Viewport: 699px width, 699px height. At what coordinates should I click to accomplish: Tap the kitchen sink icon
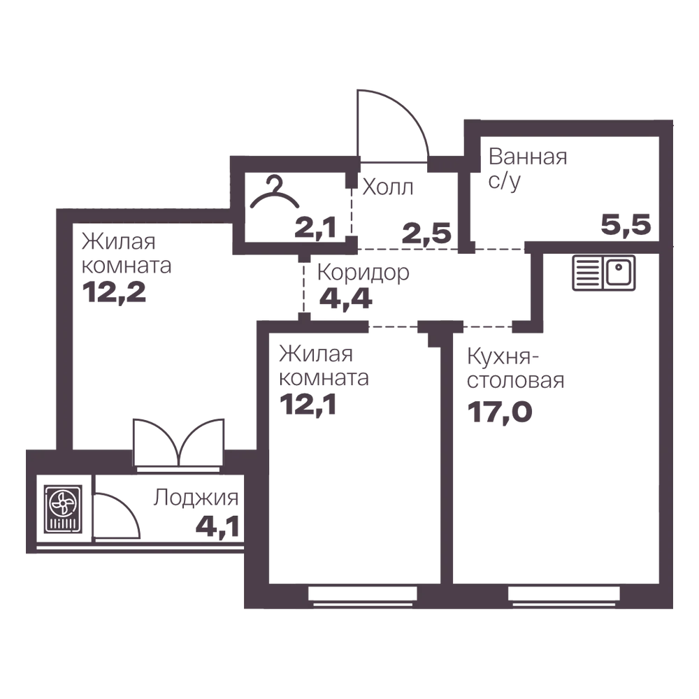[x=604, y=273]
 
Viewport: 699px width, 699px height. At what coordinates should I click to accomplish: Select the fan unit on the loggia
[x=64, y=509]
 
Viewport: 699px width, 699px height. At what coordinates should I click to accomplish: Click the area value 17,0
[x=500, y=412]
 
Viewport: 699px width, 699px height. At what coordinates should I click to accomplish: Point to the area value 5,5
[x=626, y=224]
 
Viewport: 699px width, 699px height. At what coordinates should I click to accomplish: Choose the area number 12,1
[x=308, y=404]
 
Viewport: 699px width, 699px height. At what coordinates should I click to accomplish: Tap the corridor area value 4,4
[x=346, y=298]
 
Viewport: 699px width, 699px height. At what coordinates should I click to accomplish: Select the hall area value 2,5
[x=426, y=233]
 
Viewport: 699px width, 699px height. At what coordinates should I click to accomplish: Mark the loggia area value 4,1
[x=217, y=526]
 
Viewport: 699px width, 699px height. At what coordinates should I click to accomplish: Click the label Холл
[x=388, y=187]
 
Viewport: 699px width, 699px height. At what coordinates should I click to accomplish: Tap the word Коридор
[x=363, y=273]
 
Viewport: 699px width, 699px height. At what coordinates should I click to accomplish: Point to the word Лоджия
[x=196, y=498]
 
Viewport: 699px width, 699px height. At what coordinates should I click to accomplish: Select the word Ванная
[x=528, y=157]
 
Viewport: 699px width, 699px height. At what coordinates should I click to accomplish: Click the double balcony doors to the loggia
[x=178, y=443]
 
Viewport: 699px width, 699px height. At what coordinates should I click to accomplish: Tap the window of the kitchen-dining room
[x=564, y=596]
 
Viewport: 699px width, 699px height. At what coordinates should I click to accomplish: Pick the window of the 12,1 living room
[x=362, y=596]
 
